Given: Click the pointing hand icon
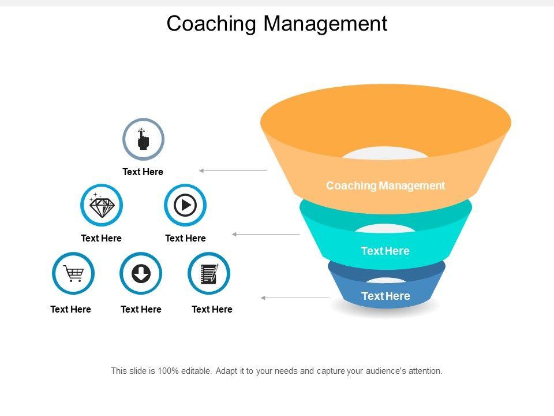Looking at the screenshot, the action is point(143,139).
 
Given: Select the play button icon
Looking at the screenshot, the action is point(185,205).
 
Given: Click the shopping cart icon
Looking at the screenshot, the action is point(73,273).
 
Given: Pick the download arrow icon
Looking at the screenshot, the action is point(141,273).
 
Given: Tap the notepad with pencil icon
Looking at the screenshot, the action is point(209,273).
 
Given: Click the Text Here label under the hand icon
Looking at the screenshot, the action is point(143,172).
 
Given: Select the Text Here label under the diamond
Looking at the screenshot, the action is point(101,239).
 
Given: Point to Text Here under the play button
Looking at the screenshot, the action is point(185,239).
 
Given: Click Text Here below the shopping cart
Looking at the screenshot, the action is point(70,310).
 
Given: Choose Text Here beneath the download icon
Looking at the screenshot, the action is point(141,310).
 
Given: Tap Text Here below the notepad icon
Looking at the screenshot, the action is point(212,310).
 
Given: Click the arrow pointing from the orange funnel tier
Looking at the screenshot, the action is point(233,171).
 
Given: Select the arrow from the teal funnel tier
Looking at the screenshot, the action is point(266,234).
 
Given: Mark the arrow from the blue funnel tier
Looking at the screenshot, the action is point(295,298).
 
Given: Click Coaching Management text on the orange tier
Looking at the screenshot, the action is point(385,185).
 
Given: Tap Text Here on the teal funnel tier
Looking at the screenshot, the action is point(385,251).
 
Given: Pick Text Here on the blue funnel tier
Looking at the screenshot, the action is point(385,296).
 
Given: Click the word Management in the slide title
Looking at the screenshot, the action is point(325,24).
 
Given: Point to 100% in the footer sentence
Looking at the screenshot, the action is point(168,371).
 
